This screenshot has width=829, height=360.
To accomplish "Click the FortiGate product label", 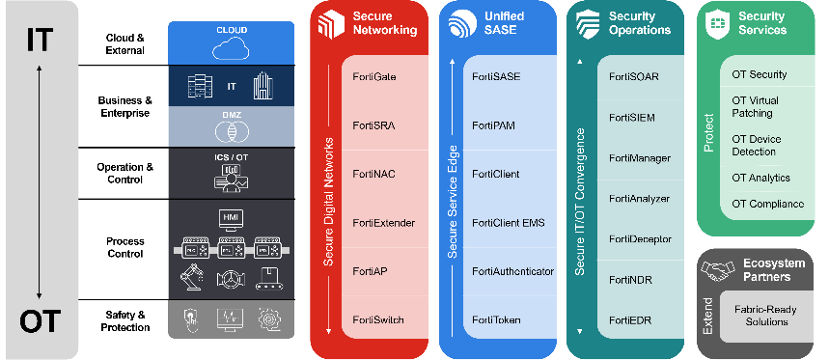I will (x=374, y=75).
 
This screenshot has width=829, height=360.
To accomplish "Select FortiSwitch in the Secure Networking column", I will (x=378, y=319).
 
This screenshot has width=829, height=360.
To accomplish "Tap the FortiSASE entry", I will (x=496, y=75).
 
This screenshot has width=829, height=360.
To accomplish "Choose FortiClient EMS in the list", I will (x=508, y=223).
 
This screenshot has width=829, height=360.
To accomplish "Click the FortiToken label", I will (x=496, y=319).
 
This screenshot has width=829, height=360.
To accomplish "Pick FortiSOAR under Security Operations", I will (x=634, y=76).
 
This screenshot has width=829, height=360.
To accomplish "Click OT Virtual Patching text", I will (x=756, y=106).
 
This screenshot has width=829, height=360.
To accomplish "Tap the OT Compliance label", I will (x=767, y=204).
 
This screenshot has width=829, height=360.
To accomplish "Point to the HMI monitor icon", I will (x=232, y=216).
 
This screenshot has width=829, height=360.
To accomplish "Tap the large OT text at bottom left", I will (x=40, y=320).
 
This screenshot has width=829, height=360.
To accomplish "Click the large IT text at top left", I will (x=40, y=40).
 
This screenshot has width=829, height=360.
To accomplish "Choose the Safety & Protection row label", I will (x=125, y=320).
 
